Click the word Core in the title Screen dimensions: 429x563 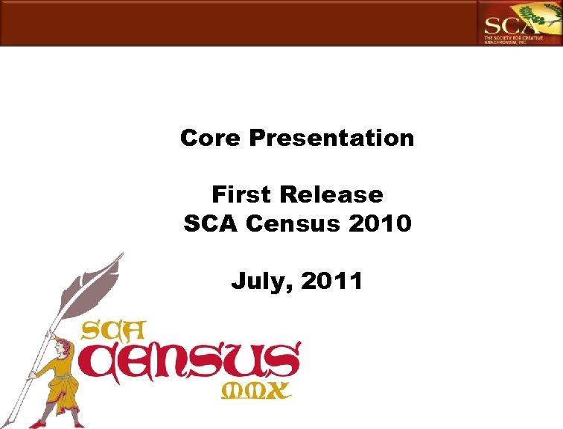pos(211,138)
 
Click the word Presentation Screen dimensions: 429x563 pos(331,138)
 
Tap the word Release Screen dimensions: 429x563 pos(329,195)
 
